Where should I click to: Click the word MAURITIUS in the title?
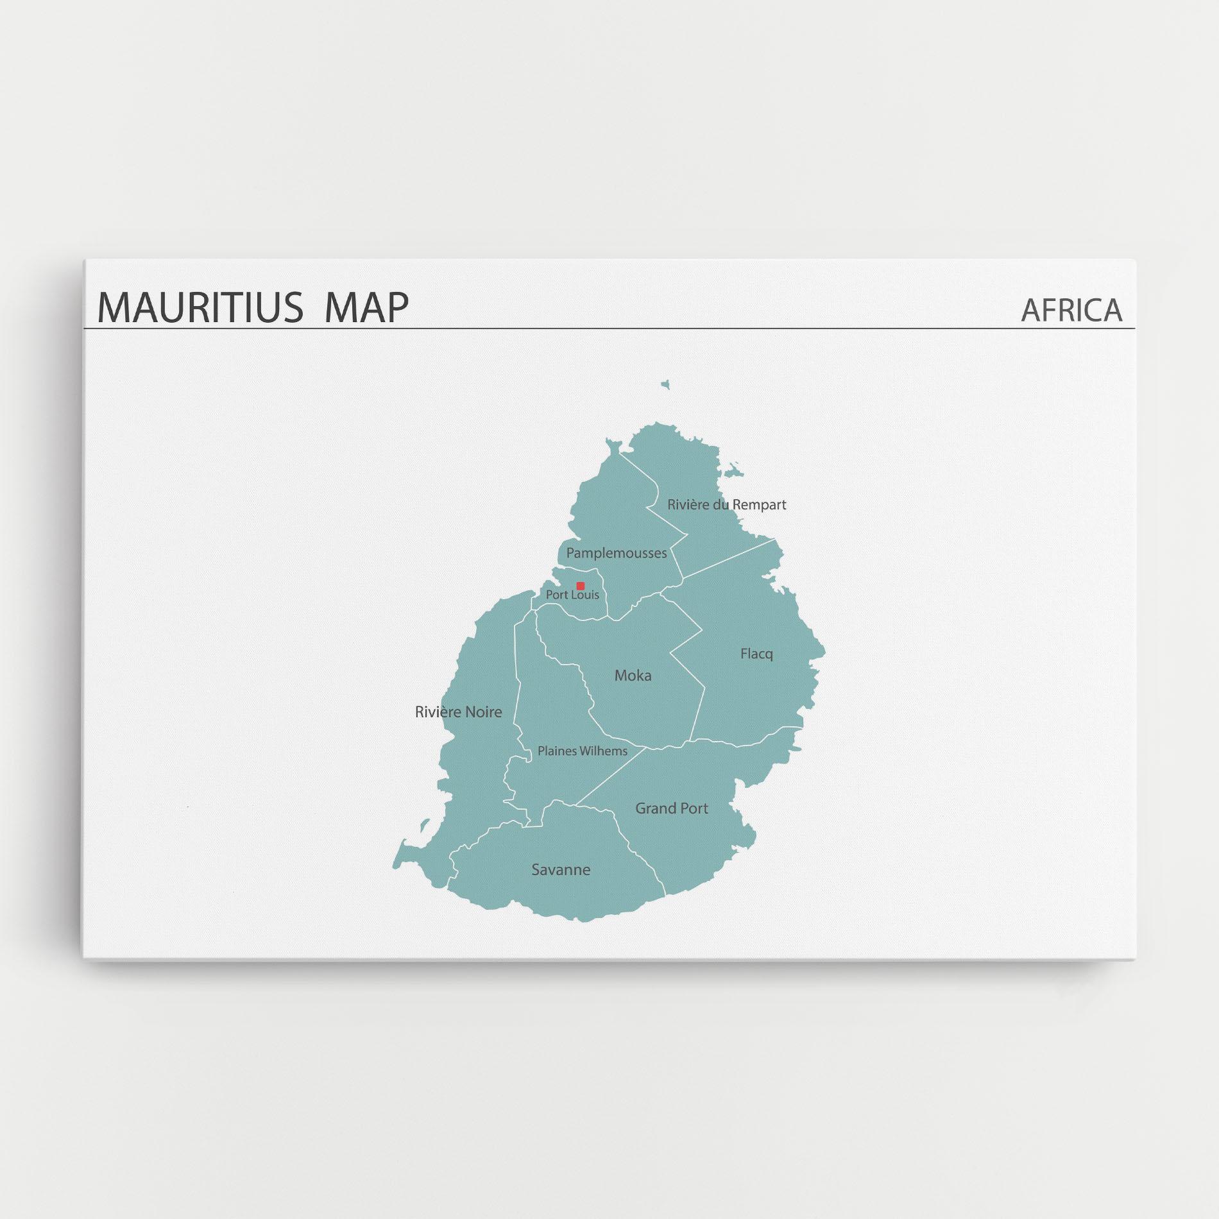point(200,307)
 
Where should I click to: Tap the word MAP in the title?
point(366,307)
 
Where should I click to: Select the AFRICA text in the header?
point(1071,311)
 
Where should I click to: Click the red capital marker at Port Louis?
point(581,586)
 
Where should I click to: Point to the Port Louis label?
point(572,595)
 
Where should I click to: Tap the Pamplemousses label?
point(616,553)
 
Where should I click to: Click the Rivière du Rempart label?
point(726,504)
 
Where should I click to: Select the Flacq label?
point(756,654)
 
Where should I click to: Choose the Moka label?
point(633,675)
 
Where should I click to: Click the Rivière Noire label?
point(458,712)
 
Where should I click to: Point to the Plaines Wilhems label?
point(583,751)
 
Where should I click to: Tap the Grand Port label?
point(672,808)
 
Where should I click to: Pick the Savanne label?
point(561,869)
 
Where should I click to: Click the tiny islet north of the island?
point(665,385)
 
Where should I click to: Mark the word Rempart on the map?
point(759,504)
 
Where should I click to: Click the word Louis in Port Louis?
point(585,595)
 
